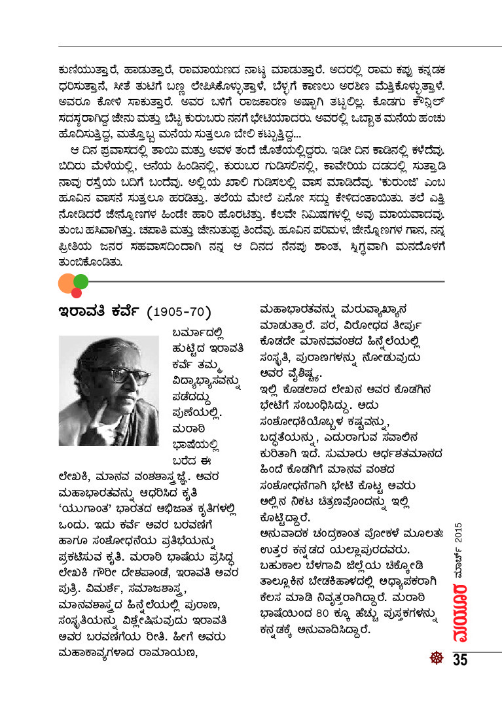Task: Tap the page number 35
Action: pos(459,659)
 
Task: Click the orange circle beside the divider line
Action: pos(67,283)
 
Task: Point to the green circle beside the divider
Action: pos(81,282)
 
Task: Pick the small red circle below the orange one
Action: pos(76,292)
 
